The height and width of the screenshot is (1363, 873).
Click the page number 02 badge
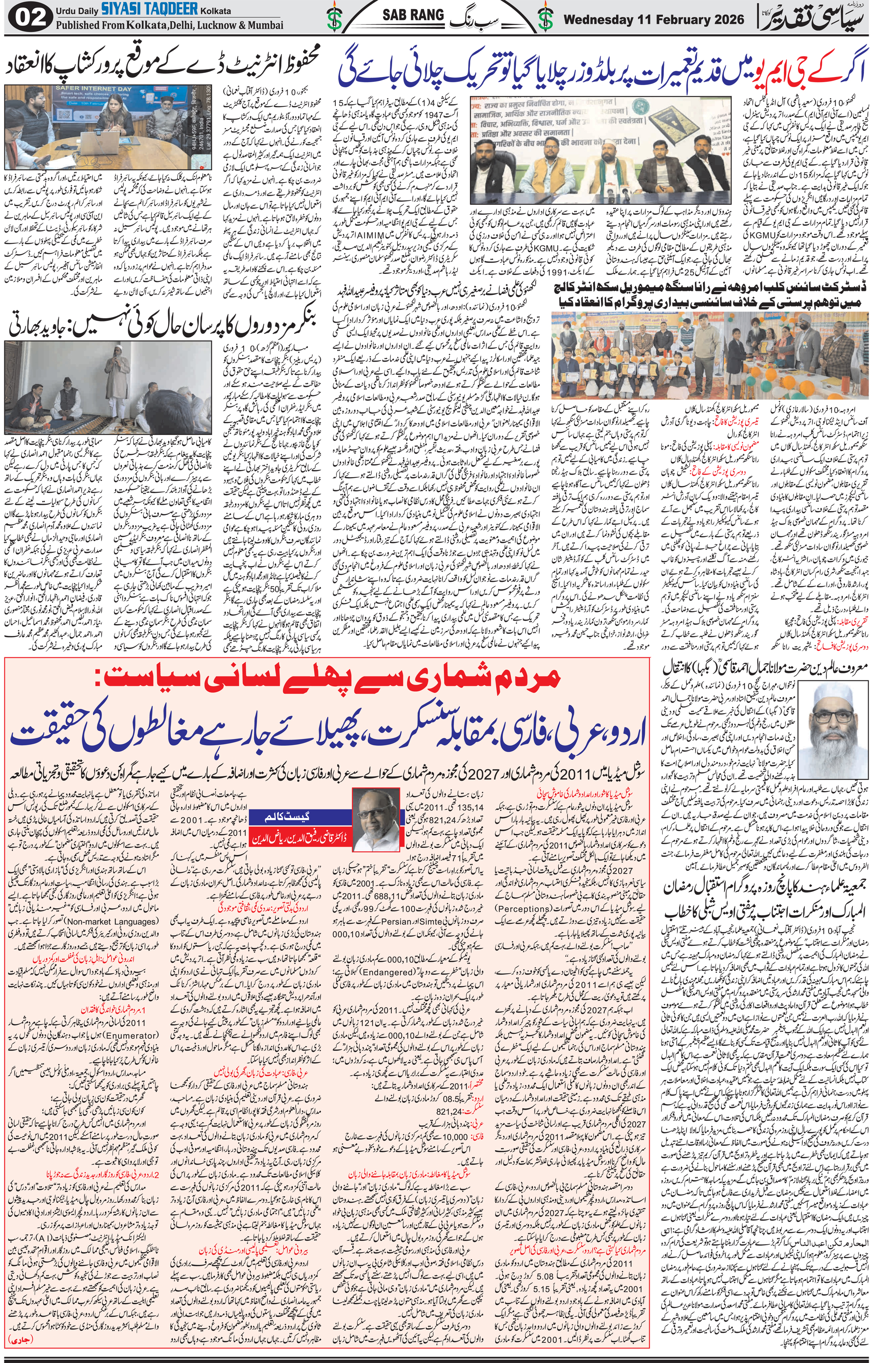click(x=23, y=17)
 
